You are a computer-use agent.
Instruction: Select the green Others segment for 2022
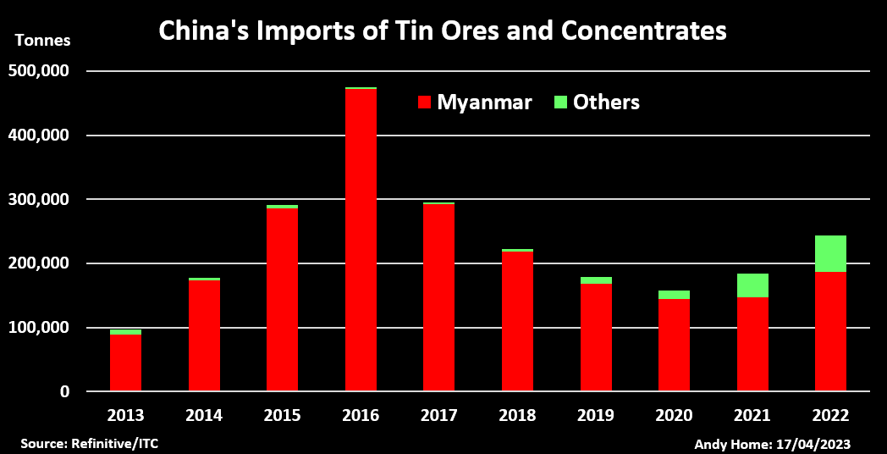pyautogui.click(x=830, y=253)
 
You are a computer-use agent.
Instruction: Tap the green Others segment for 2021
pyautogui.click(x=752, y=285)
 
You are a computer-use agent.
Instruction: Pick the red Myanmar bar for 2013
pyautogui.click(x=125, y=363)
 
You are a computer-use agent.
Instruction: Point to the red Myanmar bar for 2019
pyautogui.click(x=596, y=337)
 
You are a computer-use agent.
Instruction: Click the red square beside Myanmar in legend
pyautogui.click(x=424, y=103)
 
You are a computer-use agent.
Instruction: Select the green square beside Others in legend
pyautogui.click(x=559, y=102)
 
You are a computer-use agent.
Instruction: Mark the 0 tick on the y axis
pyautogui.click(x=64, y=391)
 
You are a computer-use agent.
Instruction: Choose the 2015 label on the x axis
pyautogui.click(x=282, y=415)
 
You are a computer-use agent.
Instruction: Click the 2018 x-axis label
pyautogui.click(x=517, y=415)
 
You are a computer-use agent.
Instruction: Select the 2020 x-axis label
pyautogui.click(x=674, y=415)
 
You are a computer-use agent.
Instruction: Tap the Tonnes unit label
pyautogui.click(x=42, y=40)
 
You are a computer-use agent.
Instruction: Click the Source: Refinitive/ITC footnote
pyautogui.click(x=89, y=443)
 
